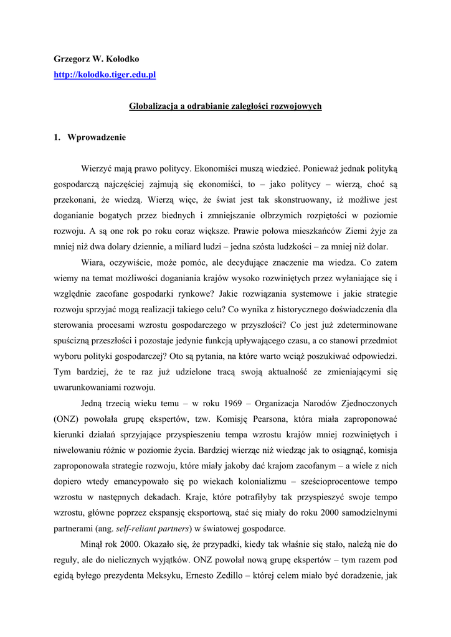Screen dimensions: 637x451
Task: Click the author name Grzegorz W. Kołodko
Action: (x=97, y=59)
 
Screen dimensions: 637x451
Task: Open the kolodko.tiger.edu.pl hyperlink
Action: (x=105, y=75)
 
